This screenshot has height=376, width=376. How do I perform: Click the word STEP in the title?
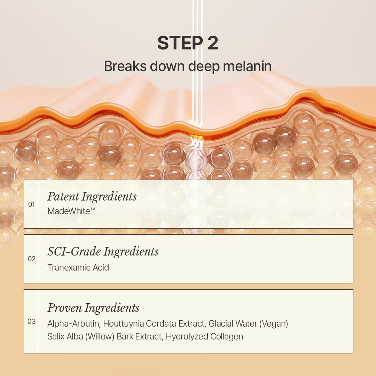tap(177, 43)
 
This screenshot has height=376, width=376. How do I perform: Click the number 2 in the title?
tap(212, 43)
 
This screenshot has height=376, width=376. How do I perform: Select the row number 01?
tap(32, 204)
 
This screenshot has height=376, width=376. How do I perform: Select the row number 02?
tap(32, 259)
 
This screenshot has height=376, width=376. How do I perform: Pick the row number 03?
tap(32, 321)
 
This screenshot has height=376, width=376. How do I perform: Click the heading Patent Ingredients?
tap(92, 197)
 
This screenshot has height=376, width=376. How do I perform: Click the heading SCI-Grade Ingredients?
tap(103, 252)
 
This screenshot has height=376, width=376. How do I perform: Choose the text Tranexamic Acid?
tap(78, 267)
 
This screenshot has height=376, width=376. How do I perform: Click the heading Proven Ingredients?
tap(93, 308)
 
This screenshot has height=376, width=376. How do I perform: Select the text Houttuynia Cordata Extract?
tap(154, 324)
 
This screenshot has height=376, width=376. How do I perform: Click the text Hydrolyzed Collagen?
tap(204, 337)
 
